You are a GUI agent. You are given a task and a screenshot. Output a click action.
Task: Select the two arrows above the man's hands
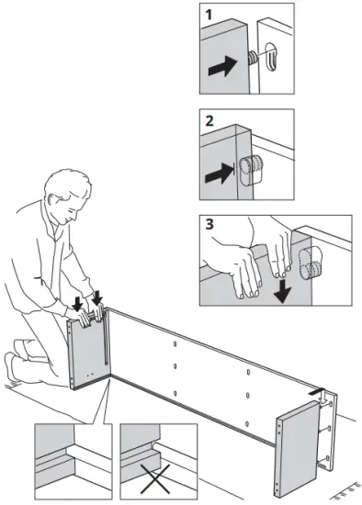pyautogui.click(x=89, y=299)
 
